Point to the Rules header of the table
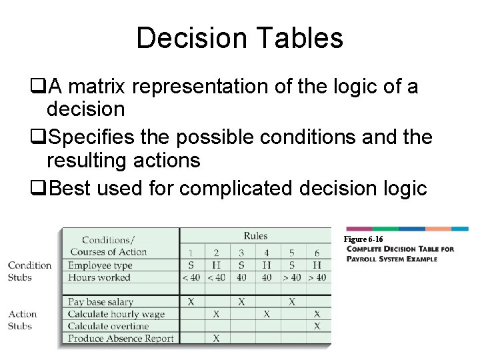255,236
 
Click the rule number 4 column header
267,253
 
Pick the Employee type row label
100,265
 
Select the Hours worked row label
99,277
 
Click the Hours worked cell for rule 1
191,277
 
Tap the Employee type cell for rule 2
216,265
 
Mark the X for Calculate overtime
317,326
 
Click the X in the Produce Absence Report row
216,339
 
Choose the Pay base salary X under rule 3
241,302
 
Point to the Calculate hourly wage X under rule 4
267,314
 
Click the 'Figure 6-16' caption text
363,239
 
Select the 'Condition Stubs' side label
29,271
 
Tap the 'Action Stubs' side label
23,320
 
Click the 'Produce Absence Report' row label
121,339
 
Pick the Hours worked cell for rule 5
291,277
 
